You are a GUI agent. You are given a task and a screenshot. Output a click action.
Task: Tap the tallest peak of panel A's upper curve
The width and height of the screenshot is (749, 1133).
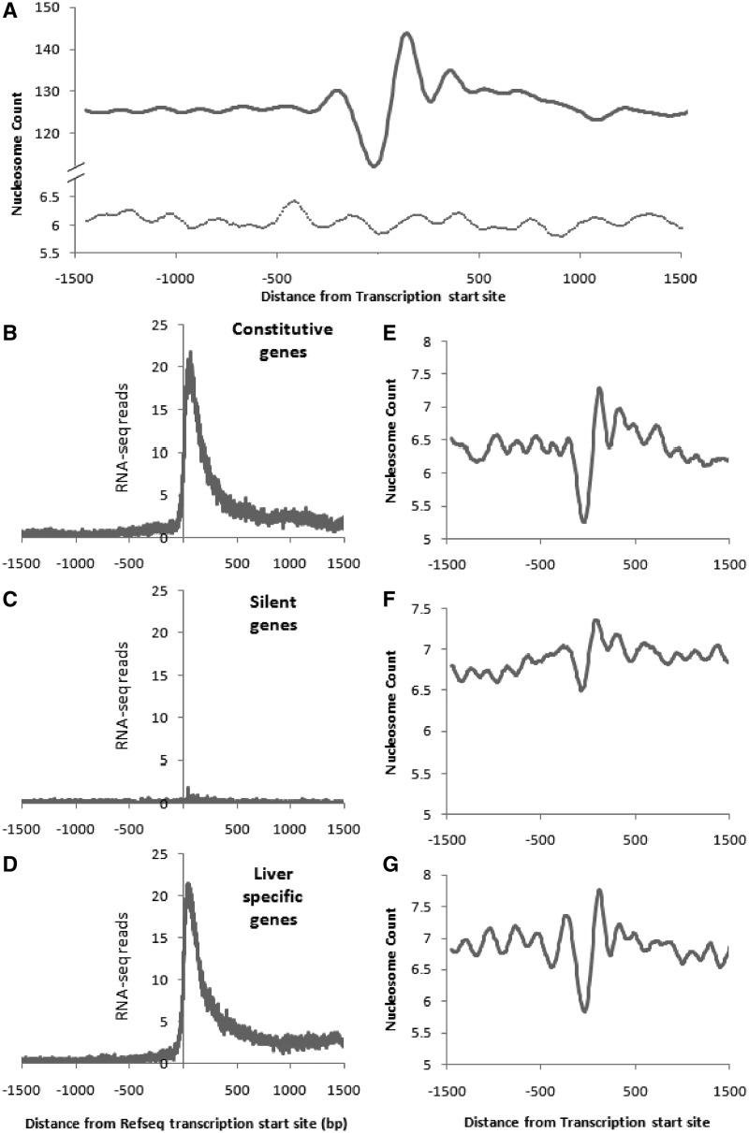pyautogui.click(x=406, y=34)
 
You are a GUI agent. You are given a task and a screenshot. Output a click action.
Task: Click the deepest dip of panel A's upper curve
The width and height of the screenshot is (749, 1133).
pyautogui.click(x=374, y=166)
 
